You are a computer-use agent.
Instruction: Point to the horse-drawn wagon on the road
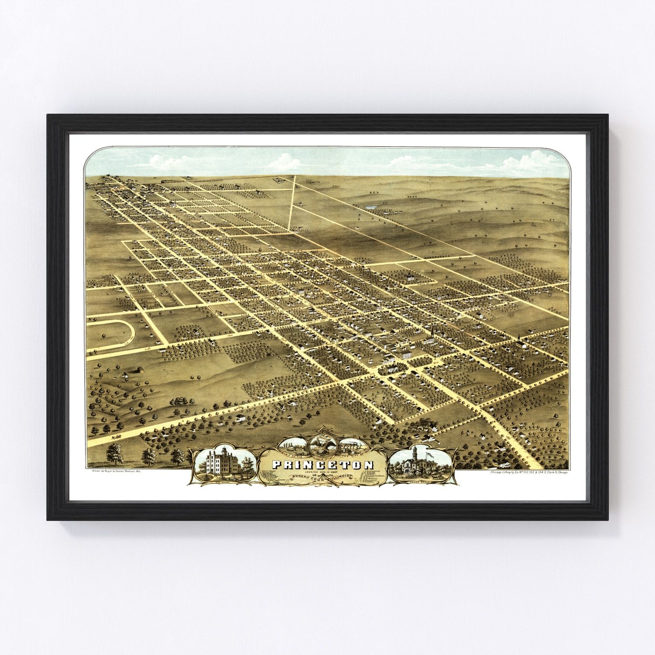point(115,436)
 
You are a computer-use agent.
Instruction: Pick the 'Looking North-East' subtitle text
point(323,472)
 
